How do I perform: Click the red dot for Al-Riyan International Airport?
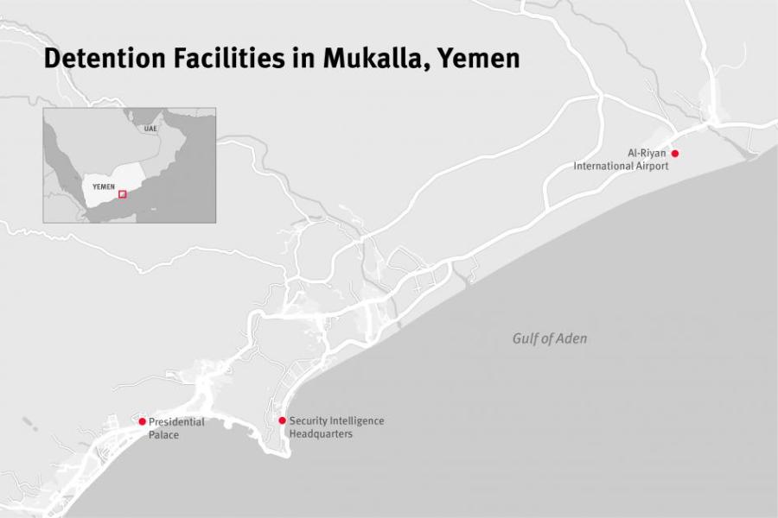pos(675,154)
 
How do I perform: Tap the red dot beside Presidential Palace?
pos(143,421)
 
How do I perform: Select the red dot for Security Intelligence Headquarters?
pos(282,420)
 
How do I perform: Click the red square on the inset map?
pos(122,194)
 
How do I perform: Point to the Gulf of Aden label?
pos(549,338)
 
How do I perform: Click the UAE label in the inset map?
pos(151,129)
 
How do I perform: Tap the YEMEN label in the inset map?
pos(103,186)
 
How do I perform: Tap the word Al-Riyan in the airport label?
pos(647,153)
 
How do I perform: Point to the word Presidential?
pos(176,422)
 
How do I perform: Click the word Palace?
pos(163,435)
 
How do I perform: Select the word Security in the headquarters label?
pos(309,420)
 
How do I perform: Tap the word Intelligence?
pos(358,420)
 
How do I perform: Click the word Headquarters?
pos(321,434)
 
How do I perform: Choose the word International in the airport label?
pos(603,166)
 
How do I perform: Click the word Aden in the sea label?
pos(571,338)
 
